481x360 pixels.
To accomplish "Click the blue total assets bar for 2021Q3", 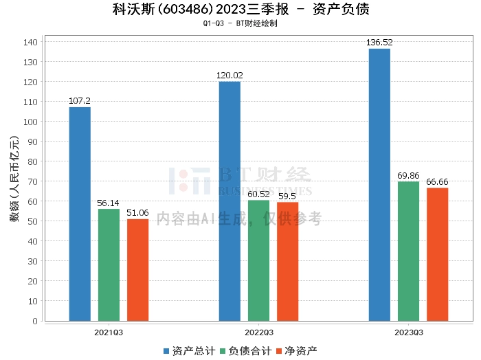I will click(80, 214).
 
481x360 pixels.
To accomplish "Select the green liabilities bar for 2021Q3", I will click(109, 265).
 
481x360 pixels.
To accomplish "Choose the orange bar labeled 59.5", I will click(287, 261).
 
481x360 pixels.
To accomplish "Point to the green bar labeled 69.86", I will click(408, 251).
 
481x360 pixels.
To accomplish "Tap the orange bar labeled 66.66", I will click(437, 254).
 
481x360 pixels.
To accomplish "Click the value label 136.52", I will click(379, 43).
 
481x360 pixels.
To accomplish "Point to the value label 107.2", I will click(80, 101).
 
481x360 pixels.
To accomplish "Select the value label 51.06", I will click(137, 213).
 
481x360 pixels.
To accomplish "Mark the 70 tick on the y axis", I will click(32, 181).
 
